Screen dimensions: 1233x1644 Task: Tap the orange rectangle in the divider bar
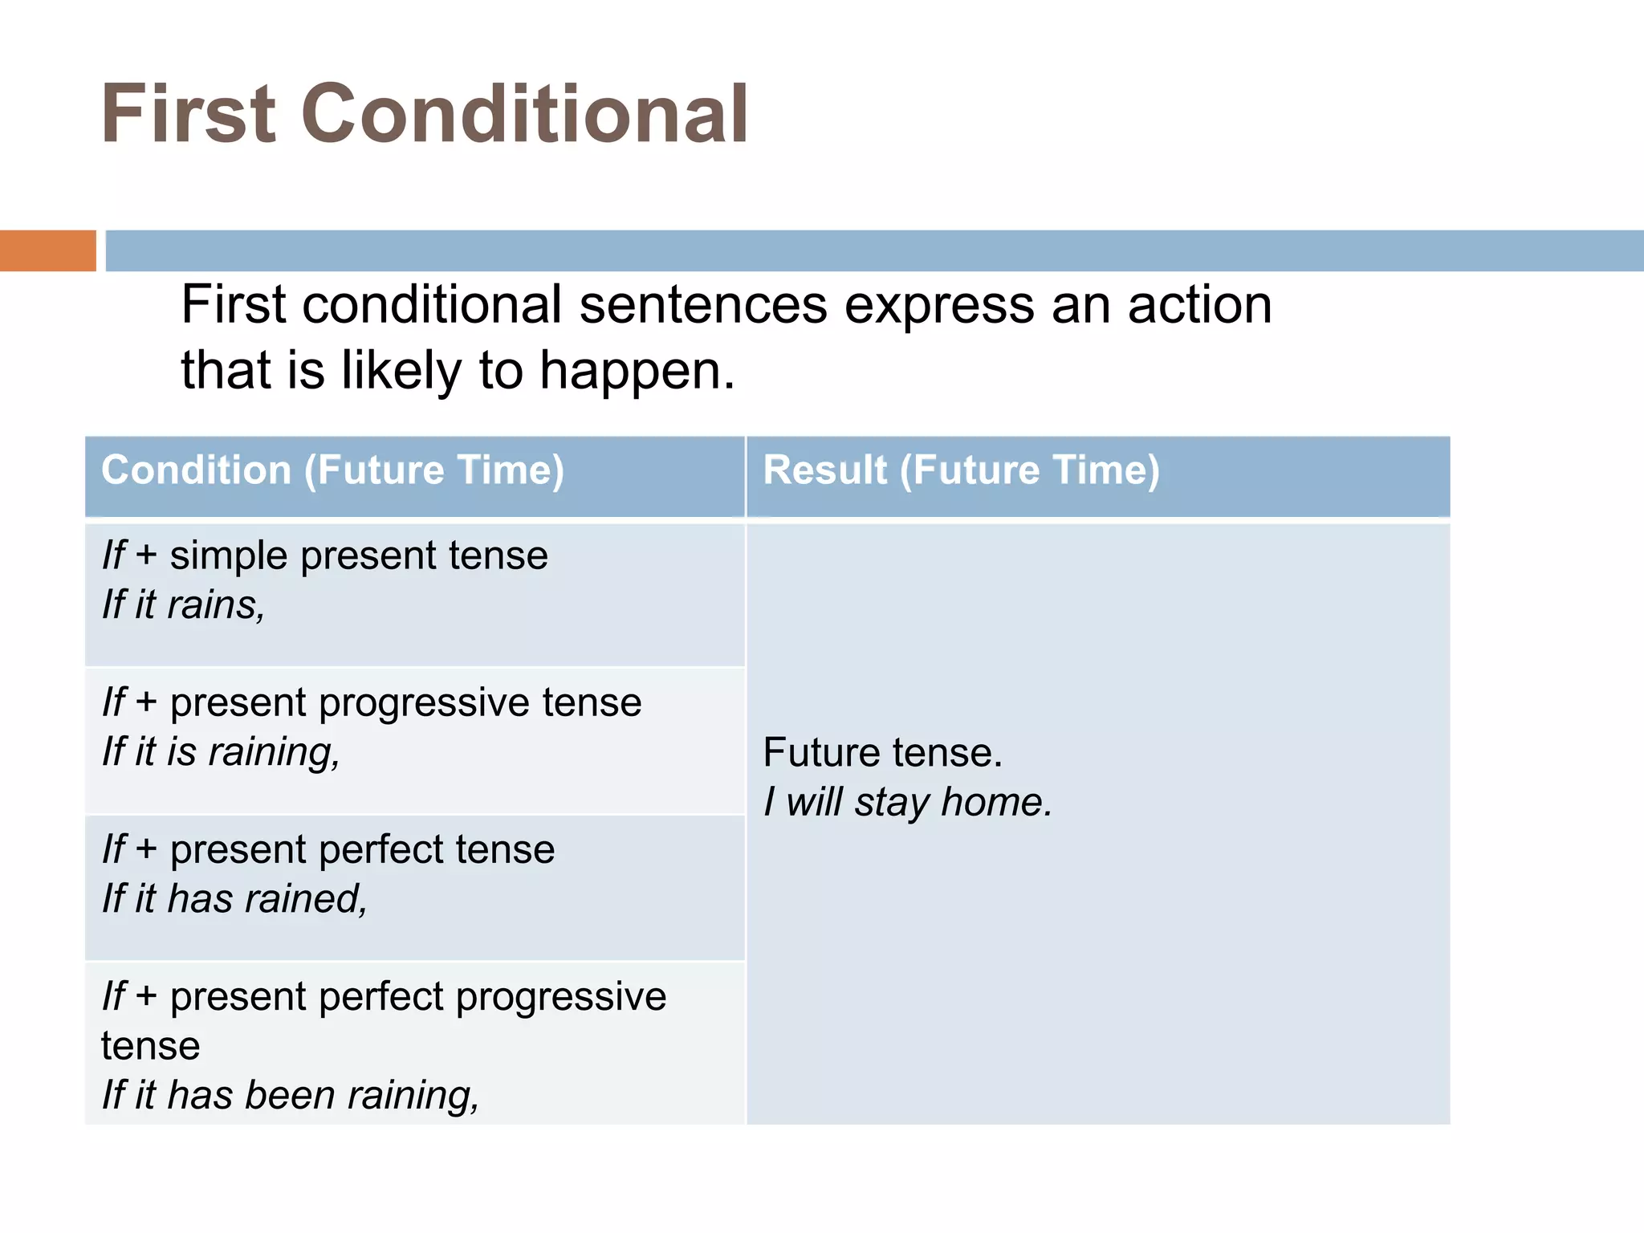click(x=47, y=250)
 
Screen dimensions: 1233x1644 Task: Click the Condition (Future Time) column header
click(x=332, y=470)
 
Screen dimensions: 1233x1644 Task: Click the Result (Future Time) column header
click(x=961, y=470)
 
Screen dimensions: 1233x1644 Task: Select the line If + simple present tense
click(x=325, y=555)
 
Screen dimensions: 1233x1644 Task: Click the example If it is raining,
click(x=221, y=752)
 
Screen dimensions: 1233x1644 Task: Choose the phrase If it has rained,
click(x=234, y=899)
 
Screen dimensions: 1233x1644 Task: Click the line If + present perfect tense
click(x=328, y=849)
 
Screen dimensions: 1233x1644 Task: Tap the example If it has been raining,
click(x=291, y=1096)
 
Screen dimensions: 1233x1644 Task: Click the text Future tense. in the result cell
click(x=882, y=753)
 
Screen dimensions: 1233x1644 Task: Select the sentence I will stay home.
click(x=907, y=802)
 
